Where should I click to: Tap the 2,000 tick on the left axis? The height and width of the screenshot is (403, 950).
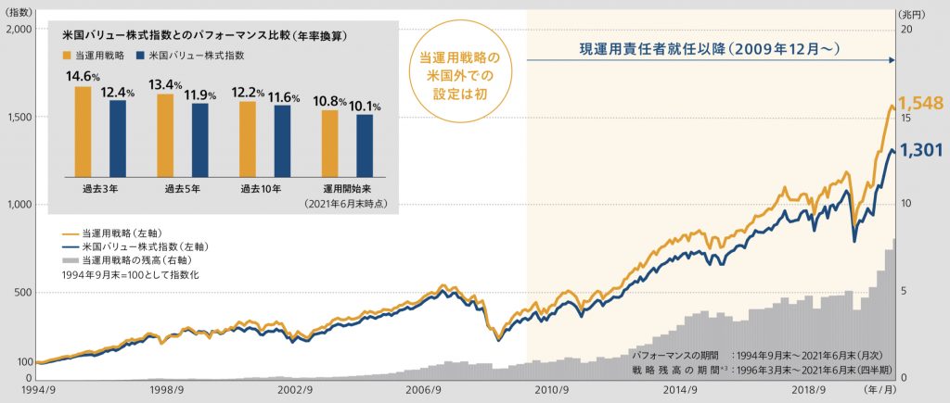click(x=18, y=29)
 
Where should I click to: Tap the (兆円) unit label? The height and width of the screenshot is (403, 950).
click(x=915, y=13)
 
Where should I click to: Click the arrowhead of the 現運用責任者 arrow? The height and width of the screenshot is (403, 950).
click(x=892, y=60)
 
